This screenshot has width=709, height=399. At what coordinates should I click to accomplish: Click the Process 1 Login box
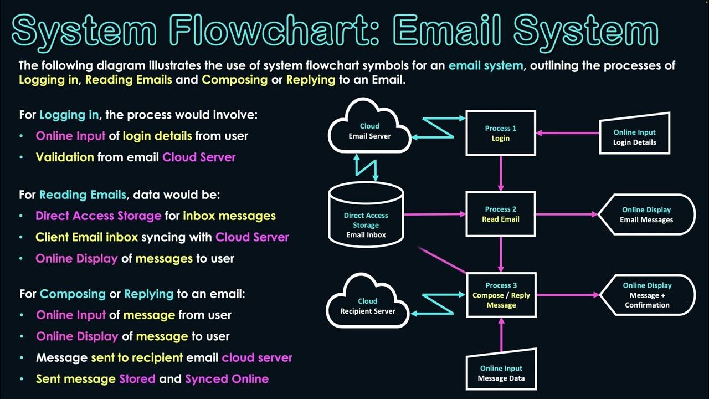click(501, 133)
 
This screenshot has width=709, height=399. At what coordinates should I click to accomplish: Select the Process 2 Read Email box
click(501, 214)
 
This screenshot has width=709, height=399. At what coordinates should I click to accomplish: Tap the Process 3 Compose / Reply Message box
click(501, 295)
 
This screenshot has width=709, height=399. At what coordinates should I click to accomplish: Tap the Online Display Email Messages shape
click(646, 214)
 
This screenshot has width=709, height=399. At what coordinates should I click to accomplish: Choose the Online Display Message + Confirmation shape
click(647, 295)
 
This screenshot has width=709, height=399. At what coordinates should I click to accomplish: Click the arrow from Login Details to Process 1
click(568, 133)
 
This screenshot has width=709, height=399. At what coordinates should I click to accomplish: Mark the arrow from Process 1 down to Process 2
click(501, 173)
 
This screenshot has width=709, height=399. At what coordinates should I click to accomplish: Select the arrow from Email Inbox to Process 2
click(435, 214)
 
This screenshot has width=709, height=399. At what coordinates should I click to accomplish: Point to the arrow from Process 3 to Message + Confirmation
click(568, 295)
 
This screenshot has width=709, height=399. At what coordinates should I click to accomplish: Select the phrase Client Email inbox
click(86, 237)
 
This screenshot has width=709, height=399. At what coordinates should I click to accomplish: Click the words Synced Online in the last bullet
click(227, 379)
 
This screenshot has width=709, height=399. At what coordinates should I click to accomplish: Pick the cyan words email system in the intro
click(485, 65)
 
